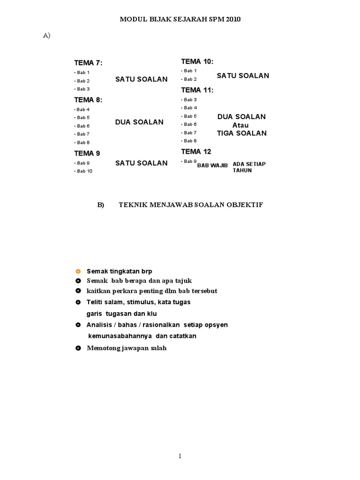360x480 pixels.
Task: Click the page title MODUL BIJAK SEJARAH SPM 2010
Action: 180,19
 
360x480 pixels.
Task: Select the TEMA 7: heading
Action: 88,63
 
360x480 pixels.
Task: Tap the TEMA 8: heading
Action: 88,99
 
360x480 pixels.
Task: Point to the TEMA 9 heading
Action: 87,153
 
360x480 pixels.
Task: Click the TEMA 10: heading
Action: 197,61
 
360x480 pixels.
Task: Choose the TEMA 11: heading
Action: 197,90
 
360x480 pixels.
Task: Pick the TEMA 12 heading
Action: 196,151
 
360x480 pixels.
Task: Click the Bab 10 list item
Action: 84,171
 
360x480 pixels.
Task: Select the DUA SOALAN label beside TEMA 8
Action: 139,122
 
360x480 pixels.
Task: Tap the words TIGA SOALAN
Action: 241,133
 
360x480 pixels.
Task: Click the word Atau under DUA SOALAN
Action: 241,125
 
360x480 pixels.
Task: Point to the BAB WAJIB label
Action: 212,165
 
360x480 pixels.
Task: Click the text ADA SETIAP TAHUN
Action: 249,167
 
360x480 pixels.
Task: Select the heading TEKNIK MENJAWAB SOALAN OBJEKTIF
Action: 191,205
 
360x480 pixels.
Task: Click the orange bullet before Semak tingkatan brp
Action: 78,271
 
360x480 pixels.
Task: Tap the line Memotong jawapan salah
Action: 127,348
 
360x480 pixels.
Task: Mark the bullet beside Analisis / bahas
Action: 78,325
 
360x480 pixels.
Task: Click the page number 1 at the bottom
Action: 180,456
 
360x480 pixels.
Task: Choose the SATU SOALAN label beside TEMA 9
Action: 141,163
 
